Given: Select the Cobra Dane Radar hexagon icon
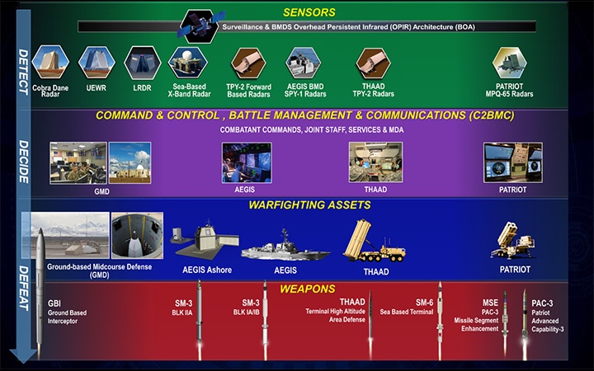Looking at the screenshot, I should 51,62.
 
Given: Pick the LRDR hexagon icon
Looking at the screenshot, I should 141,62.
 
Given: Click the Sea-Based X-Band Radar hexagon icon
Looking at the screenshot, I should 187,61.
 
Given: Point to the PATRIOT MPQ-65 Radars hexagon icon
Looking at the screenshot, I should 511,62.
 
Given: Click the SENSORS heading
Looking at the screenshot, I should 310,12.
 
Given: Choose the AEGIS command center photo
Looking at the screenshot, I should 247,161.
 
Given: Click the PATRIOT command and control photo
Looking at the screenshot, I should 512,162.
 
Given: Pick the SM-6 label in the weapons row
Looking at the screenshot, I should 424,303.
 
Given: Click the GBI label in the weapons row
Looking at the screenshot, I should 55,303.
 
